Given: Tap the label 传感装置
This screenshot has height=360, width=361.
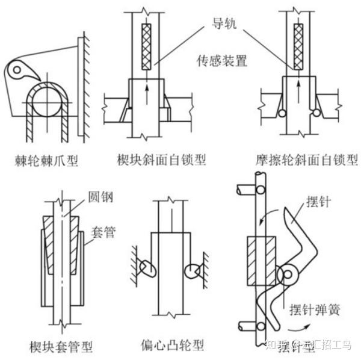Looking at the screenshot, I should click(x=220, y=61).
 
